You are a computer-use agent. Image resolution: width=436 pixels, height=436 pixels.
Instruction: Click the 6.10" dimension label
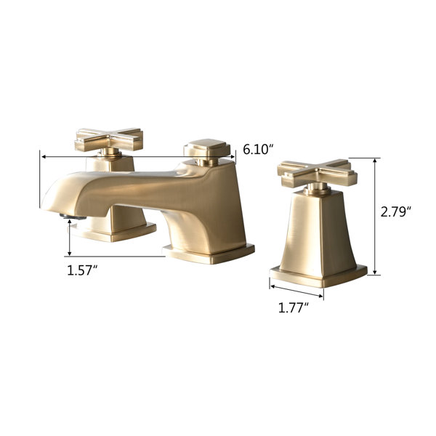pyautogui.click(x=257, y=150)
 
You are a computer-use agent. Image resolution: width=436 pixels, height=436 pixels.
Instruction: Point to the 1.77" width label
pyautogui.click(x=294, y=308)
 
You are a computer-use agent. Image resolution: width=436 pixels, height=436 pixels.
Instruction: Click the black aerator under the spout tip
pyautogui.click(x=73, y=217)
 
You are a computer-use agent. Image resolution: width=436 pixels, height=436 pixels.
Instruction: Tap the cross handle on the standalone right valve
pyautogui.click(x=318, y=173)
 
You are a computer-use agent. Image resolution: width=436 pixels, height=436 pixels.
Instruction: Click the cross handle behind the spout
pyautogui.click(x=109, y=139)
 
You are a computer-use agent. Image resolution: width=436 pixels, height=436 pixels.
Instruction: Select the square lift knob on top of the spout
pyautogui.click(x=207, y=148)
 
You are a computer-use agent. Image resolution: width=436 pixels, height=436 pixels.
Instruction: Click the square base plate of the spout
pyautogui.click(x=209, y=254)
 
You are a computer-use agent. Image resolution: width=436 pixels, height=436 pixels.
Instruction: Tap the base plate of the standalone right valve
pyautogui.click(x=318, y=276)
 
